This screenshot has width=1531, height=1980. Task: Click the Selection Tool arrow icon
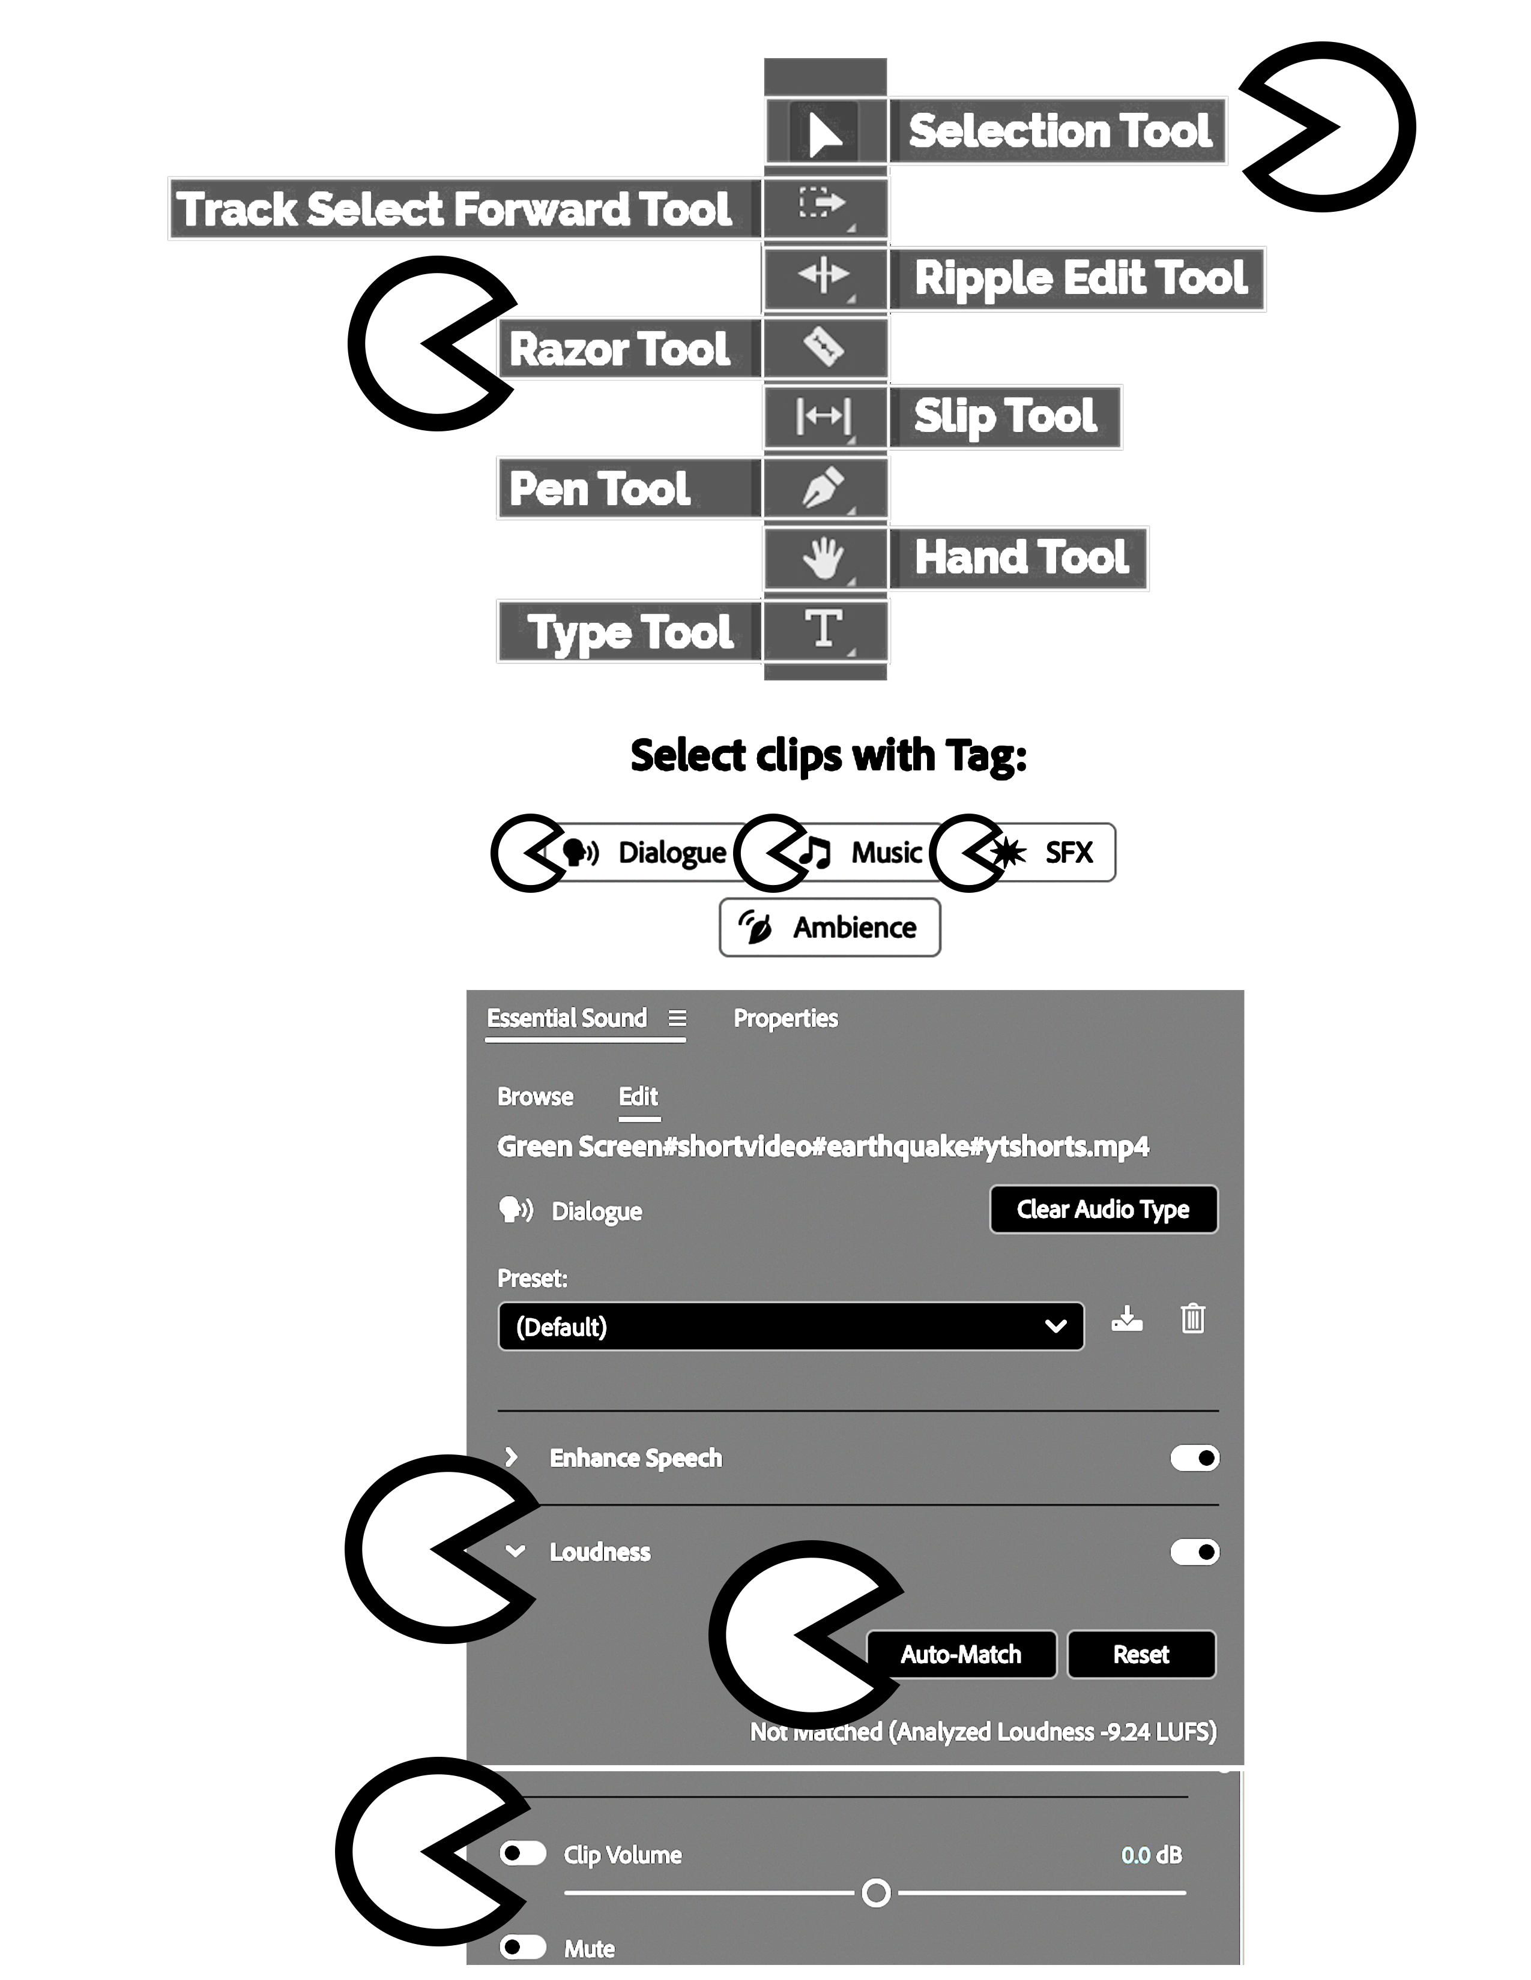[824, 133]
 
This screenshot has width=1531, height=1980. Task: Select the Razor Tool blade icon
[824, 346]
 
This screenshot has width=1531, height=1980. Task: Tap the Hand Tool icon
[824, 557]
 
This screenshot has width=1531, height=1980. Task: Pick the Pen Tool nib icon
[824, 488]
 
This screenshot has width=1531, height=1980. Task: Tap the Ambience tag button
[829, 928]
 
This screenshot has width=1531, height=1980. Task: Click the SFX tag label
[1069, 852]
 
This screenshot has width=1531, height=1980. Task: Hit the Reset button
[1141, 1655]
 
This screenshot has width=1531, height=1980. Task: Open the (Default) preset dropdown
[790, 1327]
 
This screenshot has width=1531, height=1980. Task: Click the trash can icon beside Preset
[1193, 1318]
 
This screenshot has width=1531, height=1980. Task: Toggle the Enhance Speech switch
[1195, 1458]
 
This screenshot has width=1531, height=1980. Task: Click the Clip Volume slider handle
[876, 1893]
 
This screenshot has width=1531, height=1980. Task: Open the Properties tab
[785, 1018]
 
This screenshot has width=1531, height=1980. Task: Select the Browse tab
[535, 1097]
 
